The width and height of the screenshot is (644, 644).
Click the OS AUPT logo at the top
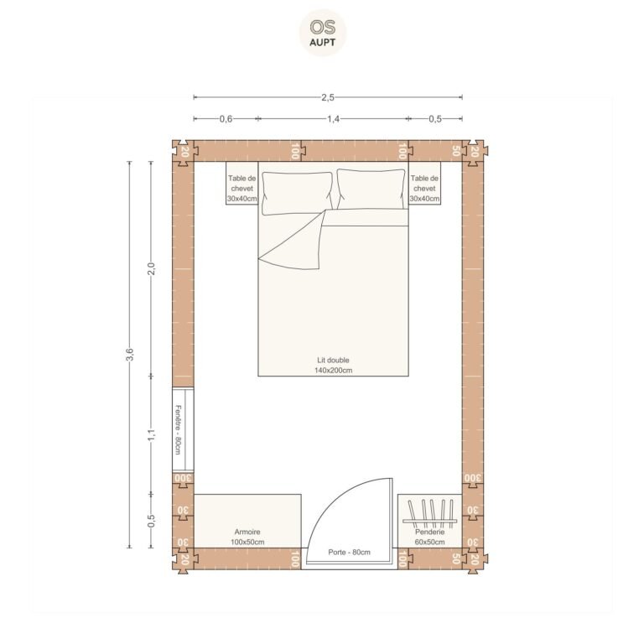(x=322, y=33)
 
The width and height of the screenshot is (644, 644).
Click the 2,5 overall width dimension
(x=328, y=97)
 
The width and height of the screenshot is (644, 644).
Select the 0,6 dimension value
(x=226, y=119)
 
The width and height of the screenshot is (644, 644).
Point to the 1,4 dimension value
(x=333, y=119)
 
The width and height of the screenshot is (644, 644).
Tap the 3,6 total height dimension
(x=129, y=354)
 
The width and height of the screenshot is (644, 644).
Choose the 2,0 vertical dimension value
(x=151, y=269)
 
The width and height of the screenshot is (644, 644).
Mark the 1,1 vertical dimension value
(x=151, y=435)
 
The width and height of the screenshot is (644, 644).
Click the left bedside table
(x=241, y=183)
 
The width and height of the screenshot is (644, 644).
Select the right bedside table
(x=424, y=183)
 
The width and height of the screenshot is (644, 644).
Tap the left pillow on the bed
(x=297, y=193)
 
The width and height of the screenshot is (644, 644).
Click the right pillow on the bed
(x=371, y=190)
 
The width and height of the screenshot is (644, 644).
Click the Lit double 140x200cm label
(x=333, y=365)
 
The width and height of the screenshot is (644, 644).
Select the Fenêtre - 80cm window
(x=183, y=429)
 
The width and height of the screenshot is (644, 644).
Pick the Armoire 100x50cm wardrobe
(x=247, y=521)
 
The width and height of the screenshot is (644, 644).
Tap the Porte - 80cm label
(x=349, y=553)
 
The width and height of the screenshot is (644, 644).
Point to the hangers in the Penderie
(x=430, y=514)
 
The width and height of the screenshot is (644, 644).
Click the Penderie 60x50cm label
(x=429, y=537)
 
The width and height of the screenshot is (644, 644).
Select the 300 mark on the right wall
(x=472, y=478)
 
